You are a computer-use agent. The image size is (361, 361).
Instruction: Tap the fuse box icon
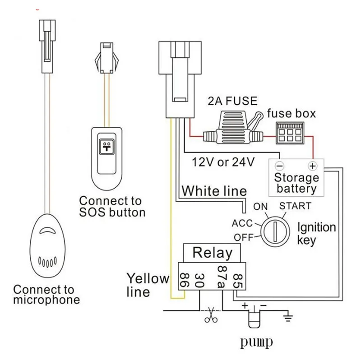(x=290, y=131)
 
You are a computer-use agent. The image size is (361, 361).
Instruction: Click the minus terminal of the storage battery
(x=279, y=165)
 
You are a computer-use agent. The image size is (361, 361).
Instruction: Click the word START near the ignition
(x=295, y=206)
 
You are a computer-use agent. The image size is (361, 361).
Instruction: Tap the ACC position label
(x=242, y=223)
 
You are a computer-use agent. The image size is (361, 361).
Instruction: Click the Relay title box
(x=212, y=253)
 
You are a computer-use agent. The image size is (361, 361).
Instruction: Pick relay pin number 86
(x=184, y=278)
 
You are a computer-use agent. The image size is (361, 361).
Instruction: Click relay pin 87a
(x=222, y=278)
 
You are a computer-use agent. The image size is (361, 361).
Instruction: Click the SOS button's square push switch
(x=107, y=147)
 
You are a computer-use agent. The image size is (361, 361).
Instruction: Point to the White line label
(x=214, y=191)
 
